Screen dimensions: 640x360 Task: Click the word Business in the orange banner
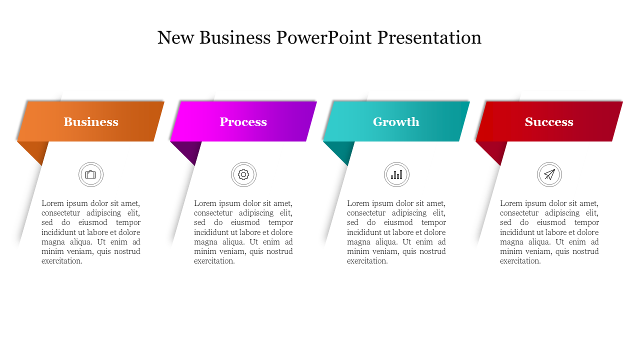[91, 122]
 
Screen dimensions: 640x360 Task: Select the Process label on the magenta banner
[243, 122]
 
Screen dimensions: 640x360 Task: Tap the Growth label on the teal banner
[396, 122]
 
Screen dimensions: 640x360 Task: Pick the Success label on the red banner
[549, 122]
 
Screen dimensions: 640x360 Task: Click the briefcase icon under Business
[90, 174]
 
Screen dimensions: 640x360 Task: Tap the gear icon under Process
[243, 174]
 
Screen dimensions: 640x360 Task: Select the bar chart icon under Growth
[396, 174]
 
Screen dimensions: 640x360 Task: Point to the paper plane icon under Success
[549, 174]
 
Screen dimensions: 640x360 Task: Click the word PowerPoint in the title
[323, 37]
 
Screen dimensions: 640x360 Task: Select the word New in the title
[175, 37]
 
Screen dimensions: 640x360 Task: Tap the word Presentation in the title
[429, 37]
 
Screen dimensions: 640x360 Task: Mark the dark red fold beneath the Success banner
[495, 150]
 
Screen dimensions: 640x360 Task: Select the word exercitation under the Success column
[520, 261]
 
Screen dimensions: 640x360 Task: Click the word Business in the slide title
[235, 37]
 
